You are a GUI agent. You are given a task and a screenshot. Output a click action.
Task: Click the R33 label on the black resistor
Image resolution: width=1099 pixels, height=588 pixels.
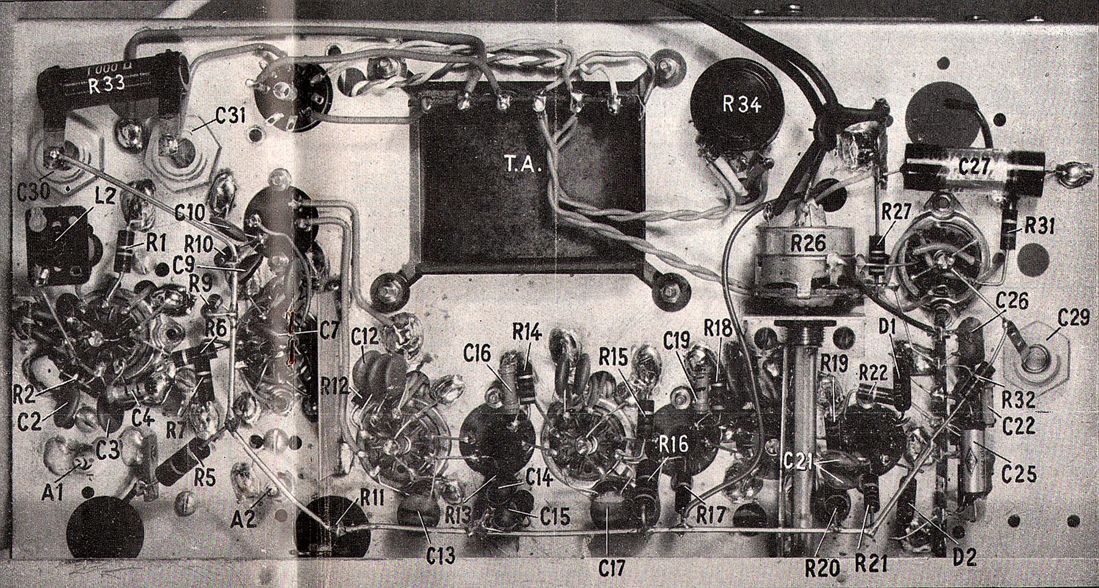coord(107,84)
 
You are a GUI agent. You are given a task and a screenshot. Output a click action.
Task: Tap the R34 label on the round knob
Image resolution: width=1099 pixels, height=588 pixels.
coord(742,104)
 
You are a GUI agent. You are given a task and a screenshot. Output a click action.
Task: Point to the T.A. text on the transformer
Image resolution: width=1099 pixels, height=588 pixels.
coord(524,165)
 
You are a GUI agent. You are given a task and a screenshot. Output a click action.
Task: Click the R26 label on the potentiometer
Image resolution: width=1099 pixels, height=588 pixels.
coord(808,244)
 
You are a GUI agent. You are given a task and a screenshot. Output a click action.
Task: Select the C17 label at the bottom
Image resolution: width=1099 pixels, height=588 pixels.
coord(611,568)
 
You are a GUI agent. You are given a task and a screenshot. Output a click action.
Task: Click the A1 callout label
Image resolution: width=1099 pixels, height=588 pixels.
coord(53,490)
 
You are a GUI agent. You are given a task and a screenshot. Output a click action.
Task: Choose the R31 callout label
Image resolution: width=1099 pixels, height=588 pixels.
coord(1040,226)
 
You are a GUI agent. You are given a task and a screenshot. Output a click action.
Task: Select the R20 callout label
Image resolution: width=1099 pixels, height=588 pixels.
coord(822,568)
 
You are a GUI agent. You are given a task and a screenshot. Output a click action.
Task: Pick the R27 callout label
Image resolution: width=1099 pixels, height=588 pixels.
coord(896,212)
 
